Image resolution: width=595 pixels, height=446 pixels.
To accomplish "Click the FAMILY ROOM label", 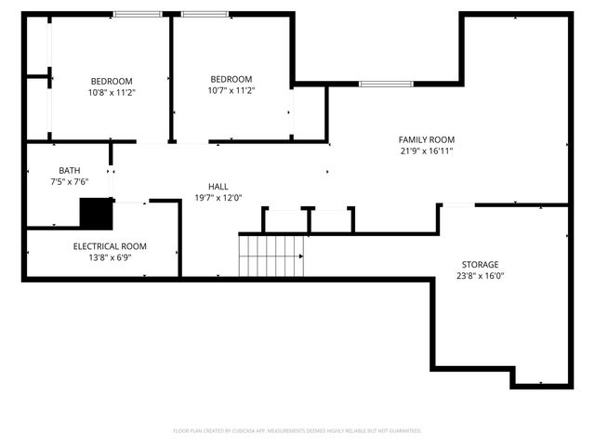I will click(427, 139).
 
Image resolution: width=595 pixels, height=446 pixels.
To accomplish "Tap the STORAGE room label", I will click(480, 265).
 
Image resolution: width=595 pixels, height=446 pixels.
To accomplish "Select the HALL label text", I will click(218, 187).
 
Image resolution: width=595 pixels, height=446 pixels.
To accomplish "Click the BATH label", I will click(70, 171).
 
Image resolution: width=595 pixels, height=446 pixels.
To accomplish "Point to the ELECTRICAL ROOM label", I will click(110, 246).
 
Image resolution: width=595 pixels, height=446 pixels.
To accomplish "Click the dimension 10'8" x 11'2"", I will click(112, 92).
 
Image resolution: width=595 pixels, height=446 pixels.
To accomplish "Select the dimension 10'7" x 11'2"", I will click(231, 90).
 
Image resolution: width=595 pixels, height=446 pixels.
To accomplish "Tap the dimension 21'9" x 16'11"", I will click(427, 151).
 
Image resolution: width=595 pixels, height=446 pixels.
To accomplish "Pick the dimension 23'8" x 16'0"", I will click(480, 276).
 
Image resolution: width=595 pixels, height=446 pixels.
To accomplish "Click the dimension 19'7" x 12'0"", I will click(218, 198).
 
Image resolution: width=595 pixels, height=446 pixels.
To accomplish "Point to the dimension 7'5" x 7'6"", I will click(70, 182).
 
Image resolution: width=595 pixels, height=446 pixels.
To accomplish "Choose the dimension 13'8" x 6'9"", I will click(110, 257).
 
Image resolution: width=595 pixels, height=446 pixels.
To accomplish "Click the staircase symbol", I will click(271, 256).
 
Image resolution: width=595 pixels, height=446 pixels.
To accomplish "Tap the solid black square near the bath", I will click(95, 214).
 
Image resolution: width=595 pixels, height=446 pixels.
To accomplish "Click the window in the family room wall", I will click(386, 84).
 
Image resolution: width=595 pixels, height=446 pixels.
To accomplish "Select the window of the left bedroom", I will click(138, 14).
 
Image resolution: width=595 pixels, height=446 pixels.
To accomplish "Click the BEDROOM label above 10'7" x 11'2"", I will click(231, 79).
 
